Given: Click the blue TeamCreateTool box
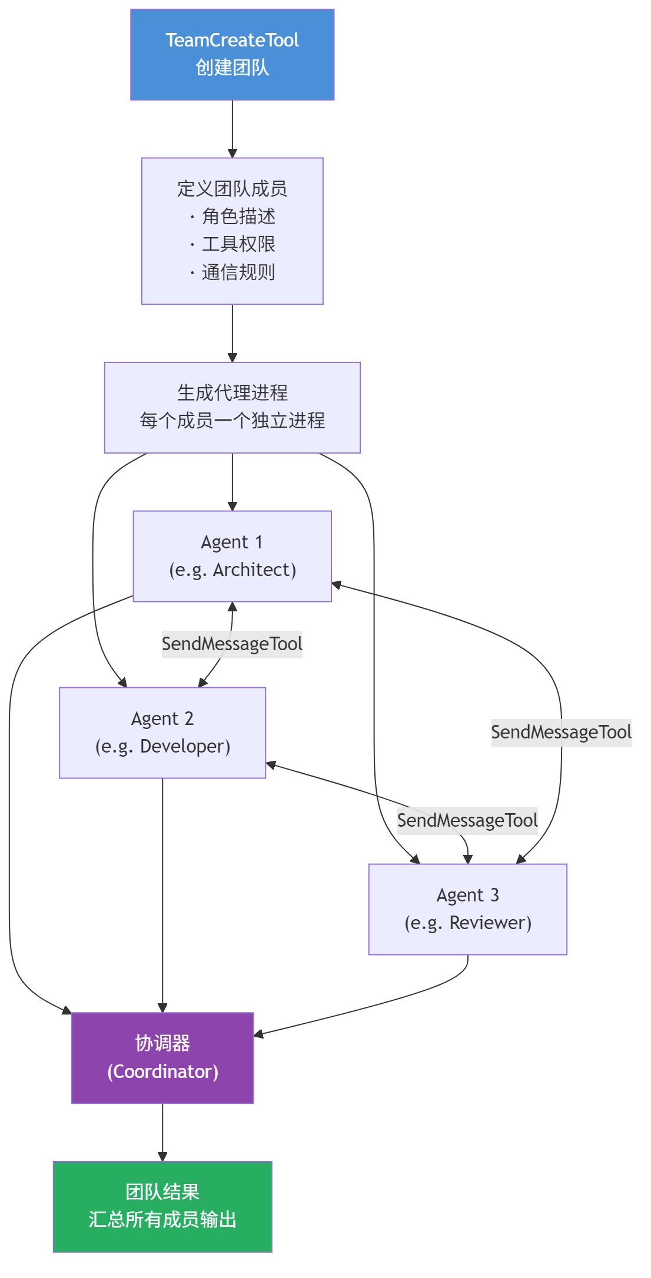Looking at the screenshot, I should point(232,54).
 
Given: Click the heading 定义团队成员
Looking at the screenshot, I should point(232,189).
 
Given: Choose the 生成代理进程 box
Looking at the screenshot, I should point(232,407).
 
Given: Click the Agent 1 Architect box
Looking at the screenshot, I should point(232,556).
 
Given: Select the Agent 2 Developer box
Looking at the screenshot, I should point(162,733).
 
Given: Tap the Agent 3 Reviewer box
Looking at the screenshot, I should point(467,909).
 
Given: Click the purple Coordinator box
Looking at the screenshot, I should point(162,1058).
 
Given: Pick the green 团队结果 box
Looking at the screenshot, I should point(162,1206).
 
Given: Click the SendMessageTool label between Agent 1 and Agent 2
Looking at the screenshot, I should point(232,644).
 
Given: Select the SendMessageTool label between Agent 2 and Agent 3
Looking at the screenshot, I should point(467,820).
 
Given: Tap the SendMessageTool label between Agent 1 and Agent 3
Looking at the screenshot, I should point(561,732).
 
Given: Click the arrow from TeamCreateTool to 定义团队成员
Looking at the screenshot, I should point(232,129).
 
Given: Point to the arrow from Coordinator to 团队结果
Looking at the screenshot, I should point(162,1132).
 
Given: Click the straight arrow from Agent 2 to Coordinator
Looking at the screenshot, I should point(162,894).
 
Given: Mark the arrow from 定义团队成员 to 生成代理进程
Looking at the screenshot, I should point(232,333).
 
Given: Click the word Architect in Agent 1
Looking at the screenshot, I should point(254,570).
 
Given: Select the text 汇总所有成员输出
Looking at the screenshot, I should point(162,1220).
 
